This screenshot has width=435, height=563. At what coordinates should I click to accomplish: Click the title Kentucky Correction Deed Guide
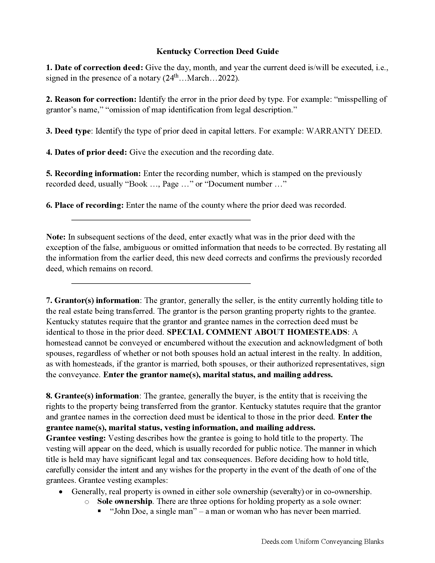(x=217, y=51)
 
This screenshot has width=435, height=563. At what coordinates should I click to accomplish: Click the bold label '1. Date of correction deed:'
(x=95, y=68)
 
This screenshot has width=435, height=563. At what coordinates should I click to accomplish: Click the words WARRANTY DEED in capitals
(x=343, y=131)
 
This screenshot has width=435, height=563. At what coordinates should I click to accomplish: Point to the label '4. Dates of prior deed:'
(x=86, y=152)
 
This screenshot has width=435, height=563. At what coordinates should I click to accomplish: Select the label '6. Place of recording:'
(x=85, y=205)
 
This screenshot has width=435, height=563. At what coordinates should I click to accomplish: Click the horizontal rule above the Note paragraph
(x=161, y=220)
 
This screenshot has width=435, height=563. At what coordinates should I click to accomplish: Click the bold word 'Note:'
(x=56, y=237)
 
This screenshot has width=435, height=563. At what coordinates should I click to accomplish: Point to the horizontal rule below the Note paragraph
(x=161, y=283)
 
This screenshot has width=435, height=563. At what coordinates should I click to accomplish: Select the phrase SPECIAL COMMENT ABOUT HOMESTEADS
(x=257, y=332)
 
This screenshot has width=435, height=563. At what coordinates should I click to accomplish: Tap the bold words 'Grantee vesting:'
(x=76, y=438)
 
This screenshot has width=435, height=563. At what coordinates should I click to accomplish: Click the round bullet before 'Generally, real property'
(x=60, y=492)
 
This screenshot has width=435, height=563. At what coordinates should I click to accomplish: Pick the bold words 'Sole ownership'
(x=124, y=501)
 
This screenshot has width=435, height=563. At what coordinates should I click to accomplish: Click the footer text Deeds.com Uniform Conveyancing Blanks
(x=322, y=542)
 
